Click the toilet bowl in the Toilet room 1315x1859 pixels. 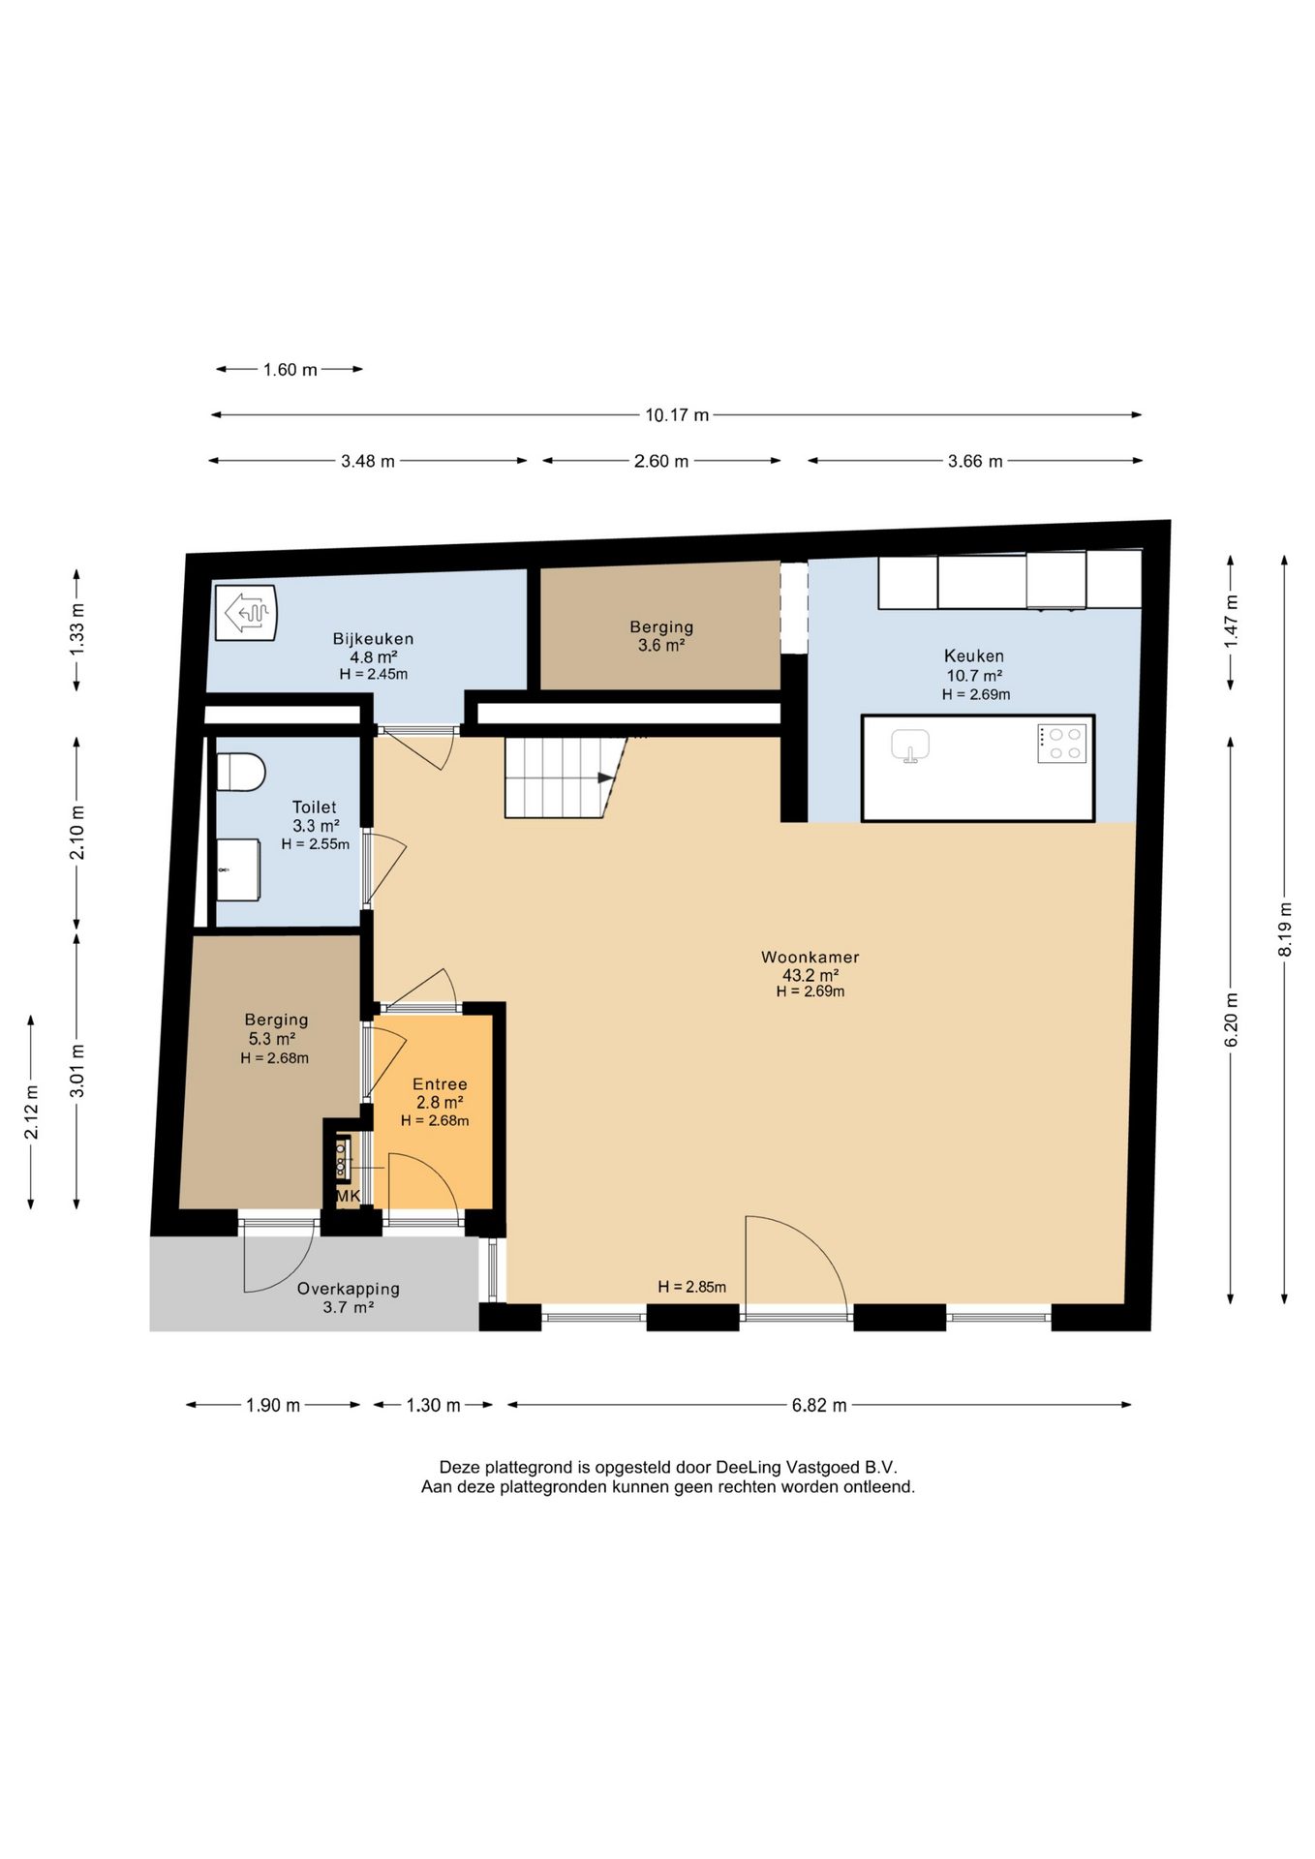(x=240, y=772)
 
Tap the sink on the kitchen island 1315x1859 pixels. (x=910, y=746)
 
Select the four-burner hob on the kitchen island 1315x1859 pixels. (x=1061, y=744)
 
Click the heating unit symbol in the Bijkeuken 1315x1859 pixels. (x=246, y=612)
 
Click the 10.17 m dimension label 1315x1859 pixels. (x=677, y=414)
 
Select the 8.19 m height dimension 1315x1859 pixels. (x=1285, y=929)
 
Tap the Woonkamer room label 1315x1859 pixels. (x=810, y=957)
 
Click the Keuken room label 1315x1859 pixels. (x=974, y=655)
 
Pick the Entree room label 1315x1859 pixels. (x=440, y=1084)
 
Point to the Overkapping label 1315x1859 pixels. (x=348, y=1289)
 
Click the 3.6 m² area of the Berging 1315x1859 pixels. (x=661, y=646)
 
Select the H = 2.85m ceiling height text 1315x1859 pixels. (x=691, y=1287)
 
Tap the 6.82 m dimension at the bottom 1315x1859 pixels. (x=819, y=1405)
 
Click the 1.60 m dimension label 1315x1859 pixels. (x=290, y=369)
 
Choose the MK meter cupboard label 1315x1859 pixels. (x=348, y=1196)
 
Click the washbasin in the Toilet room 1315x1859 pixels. (x=238, y=869)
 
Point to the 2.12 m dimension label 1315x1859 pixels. (x=31, y=1112)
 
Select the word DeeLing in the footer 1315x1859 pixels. (x=750, y=1467)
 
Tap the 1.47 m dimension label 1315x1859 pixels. (x=1231, y=621)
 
